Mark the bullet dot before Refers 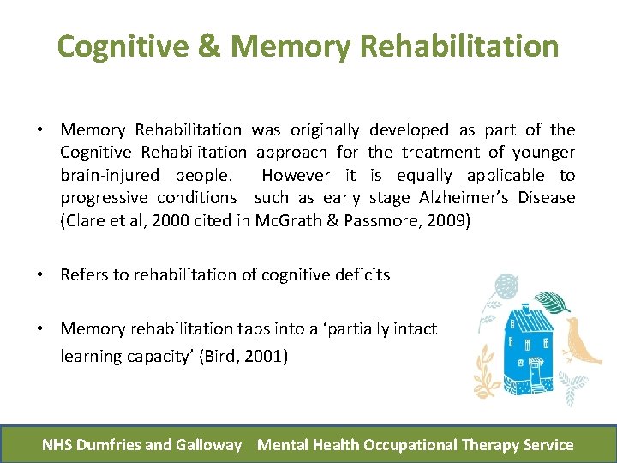coord(41,274)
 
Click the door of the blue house coord(535,375)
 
